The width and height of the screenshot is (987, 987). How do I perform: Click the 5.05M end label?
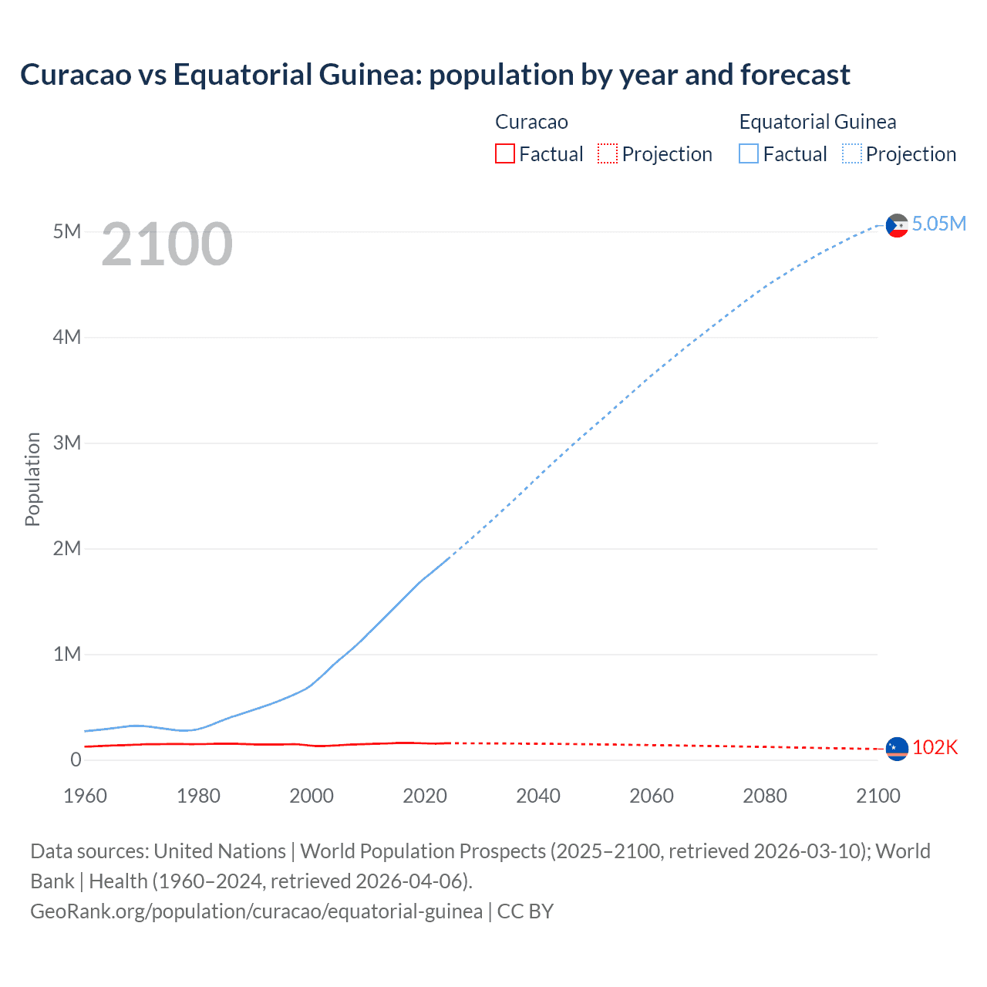pyautogui.click(x=938, y=224)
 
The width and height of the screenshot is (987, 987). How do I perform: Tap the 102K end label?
pyautogui.click(x=935, y=747)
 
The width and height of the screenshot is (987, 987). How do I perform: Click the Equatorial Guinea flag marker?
pyautogui.click(x=897, y=225)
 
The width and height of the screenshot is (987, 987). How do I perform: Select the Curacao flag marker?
pyautogui.click(x=897, y=749)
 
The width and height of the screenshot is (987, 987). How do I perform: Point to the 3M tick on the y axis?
pyautogui.click(x=67, y=443)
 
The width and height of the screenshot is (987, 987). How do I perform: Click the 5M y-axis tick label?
pyautogui.click(x=67, y=231)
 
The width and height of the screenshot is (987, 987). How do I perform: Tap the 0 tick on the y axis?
pyautogui.click(x=76, y=760)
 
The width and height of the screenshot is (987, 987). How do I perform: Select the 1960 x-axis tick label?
pyautogui.click(x=85, y=796)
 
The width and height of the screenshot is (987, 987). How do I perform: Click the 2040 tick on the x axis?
pyautogui.click(x=538, y=796)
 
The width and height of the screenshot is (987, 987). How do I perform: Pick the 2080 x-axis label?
pyautogui.click(x=765, y=796)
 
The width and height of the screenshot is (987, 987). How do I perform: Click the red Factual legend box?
pyautogui.click(x=505, y=154)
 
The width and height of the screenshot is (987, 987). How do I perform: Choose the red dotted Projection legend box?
pyautogui.click(x=608, y=154)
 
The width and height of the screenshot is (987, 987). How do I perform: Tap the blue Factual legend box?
pyautogui.click(x=749, y=154)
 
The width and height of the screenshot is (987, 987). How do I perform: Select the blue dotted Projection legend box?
pyautogui.click(x=852, y=154)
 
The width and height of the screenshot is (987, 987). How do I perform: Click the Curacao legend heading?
pyautogui.click(x=531, y=122)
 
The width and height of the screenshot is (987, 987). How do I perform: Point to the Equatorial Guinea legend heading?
pyautogui.click(x=817, y=122)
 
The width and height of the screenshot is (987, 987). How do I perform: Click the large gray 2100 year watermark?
pyautogui.click(x=167, y=244)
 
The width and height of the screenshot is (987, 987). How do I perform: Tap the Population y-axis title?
pyautogui.click(x=32, y=479)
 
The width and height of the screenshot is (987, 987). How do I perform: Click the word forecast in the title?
pyautogui.click(x=795, y=75)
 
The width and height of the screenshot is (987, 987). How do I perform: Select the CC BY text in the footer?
pyautogui.click(x=525, y=911)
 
